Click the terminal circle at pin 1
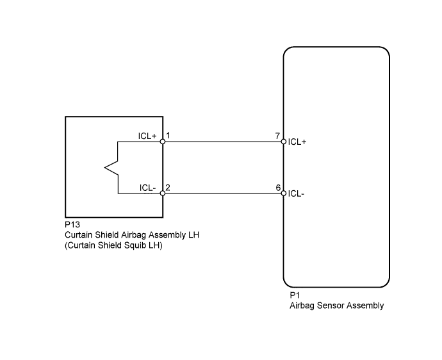[163, 142]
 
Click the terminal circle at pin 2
[163, 193]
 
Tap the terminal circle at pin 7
[284, 142]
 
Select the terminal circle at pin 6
[284, 193]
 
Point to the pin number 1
[168, 136]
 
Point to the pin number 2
[168, 188]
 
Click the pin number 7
[277, 136]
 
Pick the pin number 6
[278, 188]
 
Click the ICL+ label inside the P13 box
[147, 136]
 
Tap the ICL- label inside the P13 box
[148, 188]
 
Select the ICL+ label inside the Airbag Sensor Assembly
[297, 142]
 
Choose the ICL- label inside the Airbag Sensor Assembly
[296, 193]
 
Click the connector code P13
[72, 224]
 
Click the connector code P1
[295, 295]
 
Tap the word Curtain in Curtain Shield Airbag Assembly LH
[78, 235]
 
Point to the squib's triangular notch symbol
[111, 167]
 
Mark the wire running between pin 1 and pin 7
[223, 142]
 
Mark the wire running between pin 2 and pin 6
[223, 193]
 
